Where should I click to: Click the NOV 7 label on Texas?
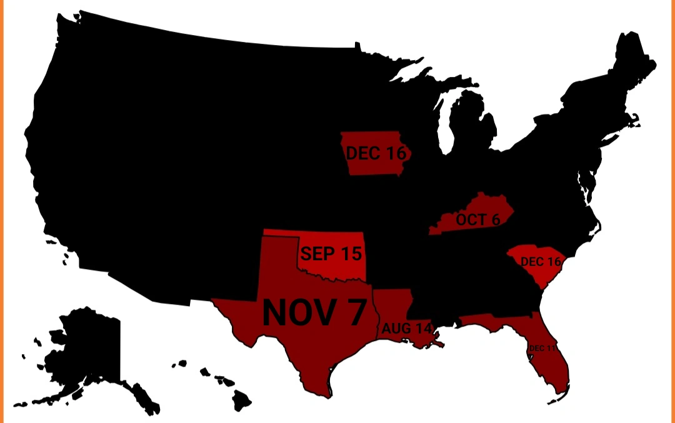[x=313, y=312]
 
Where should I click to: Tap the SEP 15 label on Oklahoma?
[x=331, y=253]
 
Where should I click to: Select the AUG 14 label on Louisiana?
[x=407, y=328]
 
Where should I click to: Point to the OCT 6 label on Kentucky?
[x=477, y=220]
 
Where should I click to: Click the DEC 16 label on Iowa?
[x=376, y=153]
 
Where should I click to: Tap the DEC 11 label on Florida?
[x=541, y=348]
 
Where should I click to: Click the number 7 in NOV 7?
[x=353, y=312]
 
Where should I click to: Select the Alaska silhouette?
[x=87, y=350]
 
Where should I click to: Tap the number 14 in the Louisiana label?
[x=423, y=328]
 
